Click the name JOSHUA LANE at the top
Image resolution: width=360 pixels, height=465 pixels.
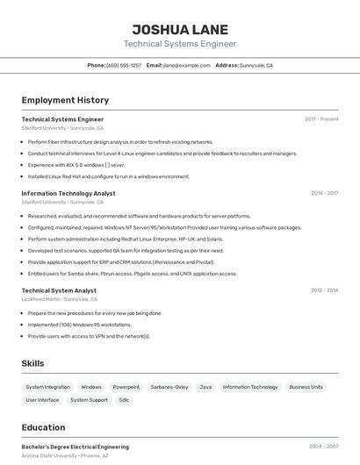tap(179, 27)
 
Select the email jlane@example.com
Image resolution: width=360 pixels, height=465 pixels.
tap(186, 65)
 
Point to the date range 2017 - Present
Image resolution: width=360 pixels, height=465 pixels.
tap(321, 119)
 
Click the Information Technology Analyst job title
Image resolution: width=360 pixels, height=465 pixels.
tap(68, 193)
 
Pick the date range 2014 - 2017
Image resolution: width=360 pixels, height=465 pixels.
tap(324, 193)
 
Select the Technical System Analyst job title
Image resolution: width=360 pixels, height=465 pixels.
tap(59, 290)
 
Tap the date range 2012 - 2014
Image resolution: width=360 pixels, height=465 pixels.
tap(324, 290)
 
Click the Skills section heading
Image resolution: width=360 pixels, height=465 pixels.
tap(32, 363)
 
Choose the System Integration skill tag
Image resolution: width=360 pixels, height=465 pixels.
tap(47, 387)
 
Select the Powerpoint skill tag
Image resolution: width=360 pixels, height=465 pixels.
tap(126, 387)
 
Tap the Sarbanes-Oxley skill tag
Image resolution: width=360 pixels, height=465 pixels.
tap(169, 387)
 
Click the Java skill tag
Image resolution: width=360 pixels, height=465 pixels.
tap(205, 387)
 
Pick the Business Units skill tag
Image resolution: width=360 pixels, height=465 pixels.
tap(306, 387)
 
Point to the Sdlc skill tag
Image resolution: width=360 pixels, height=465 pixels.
tap(124, 400)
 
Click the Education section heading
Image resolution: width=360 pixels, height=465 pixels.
tap(43, 428)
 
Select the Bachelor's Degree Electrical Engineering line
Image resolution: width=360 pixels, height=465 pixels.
tap(75, 447)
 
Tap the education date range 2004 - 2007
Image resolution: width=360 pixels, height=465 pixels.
tap(323, 447)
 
